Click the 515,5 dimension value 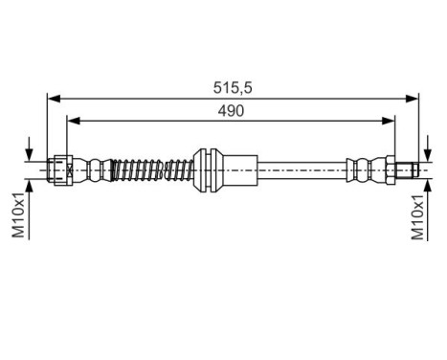pos(233,87)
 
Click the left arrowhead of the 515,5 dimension pos(54,98)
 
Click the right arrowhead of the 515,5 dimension pos(413,98)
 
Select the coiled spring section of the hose pos(151,169)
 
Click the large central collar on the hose pos(209,169)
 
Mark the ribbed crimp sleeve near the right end pos(365,169)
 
